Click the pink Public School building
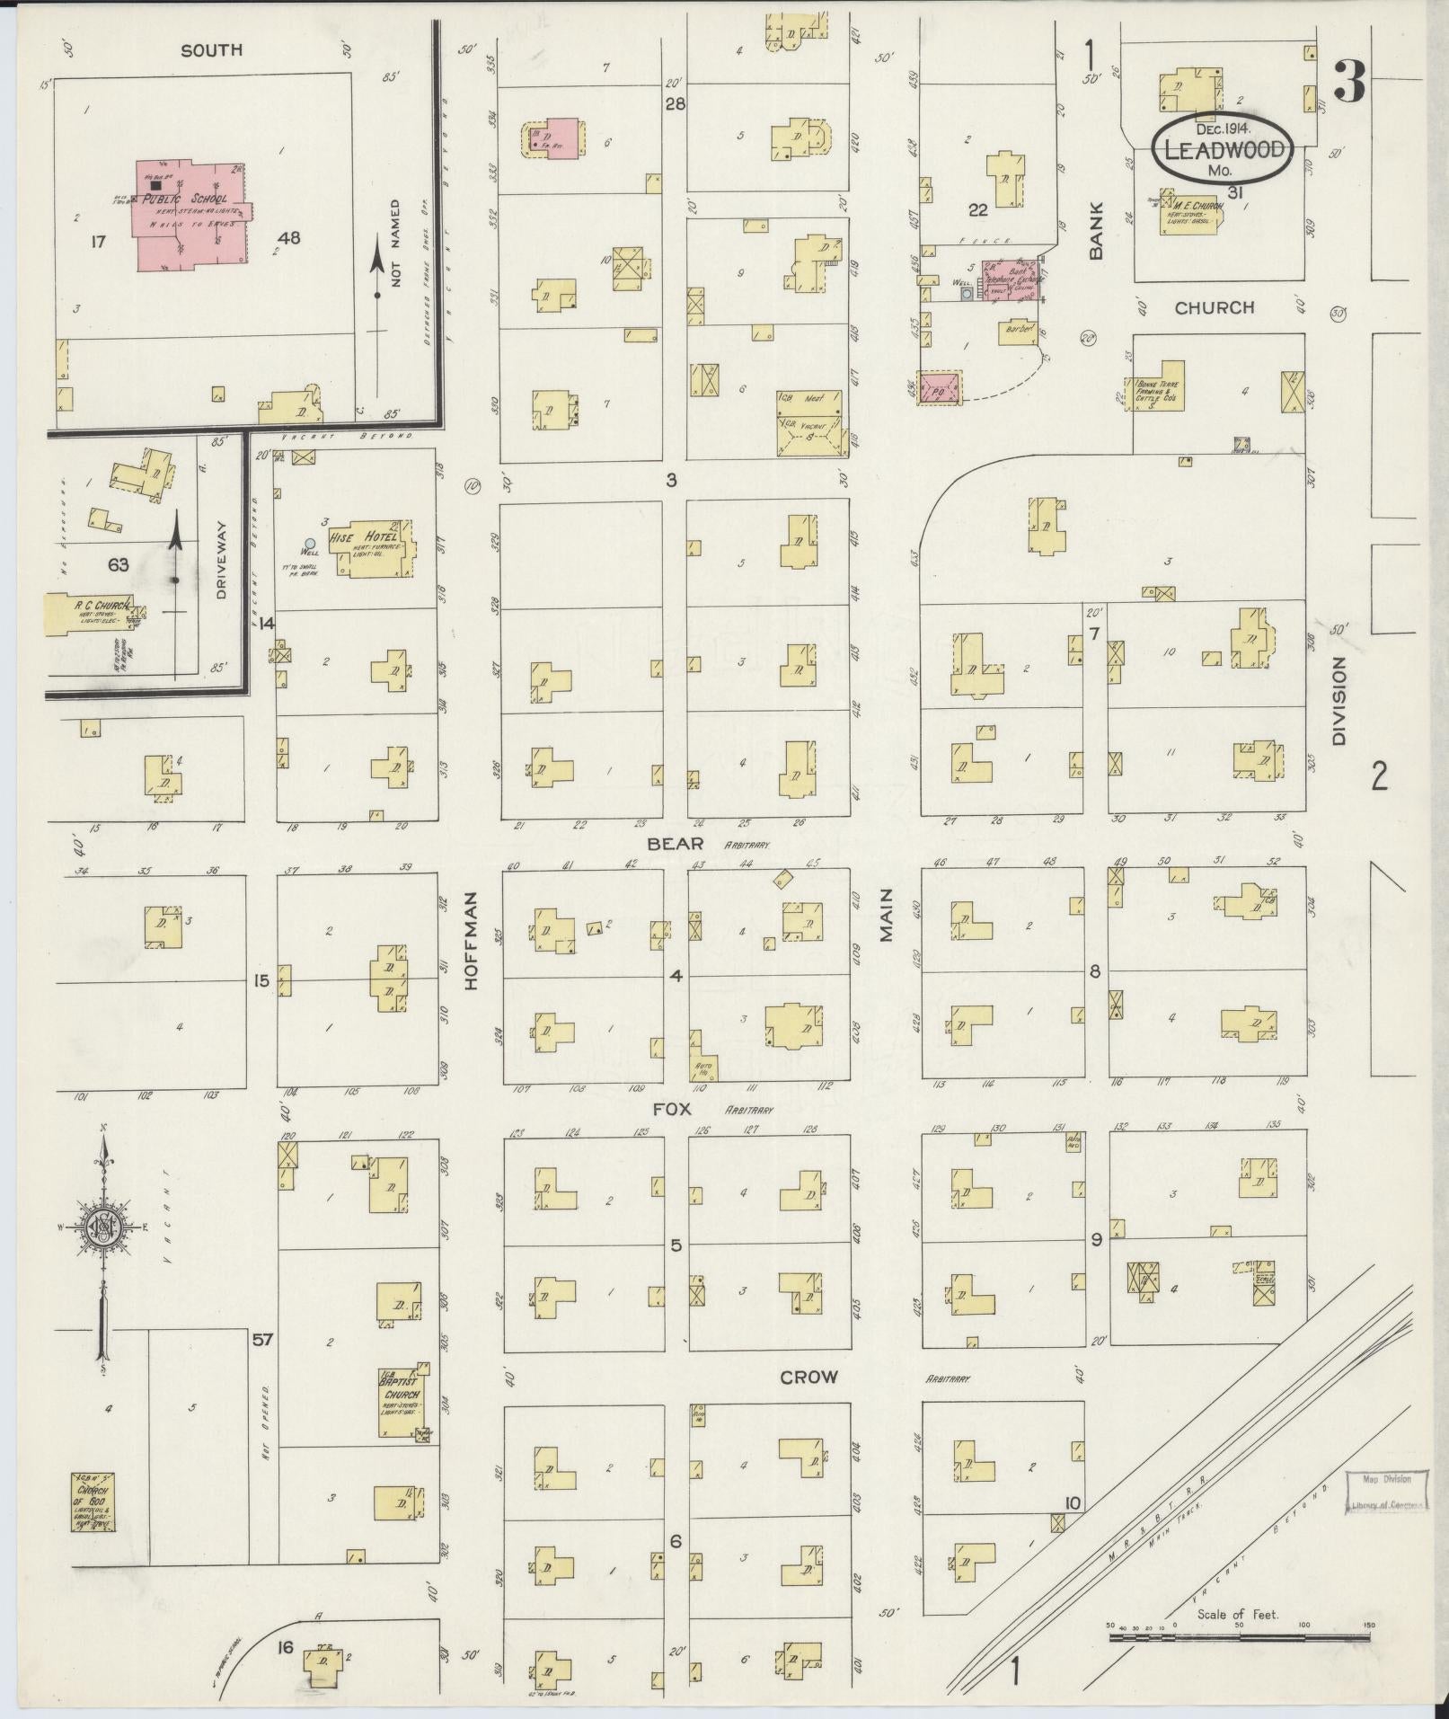(189, 214)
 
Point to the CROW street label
(808, 1377)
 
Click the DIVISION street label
(1340, 701)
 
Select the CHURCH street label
(1215, 307)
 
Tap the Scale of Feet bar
(1240, 1638)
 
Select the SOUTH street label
(212, 50)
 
